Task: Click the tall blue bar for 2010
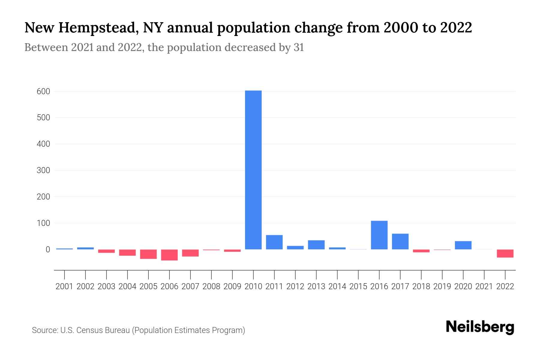click(x=253, y=170)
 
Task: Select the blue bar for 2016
click(x=379, y=235)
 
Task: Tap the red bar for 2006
click(x=169, y=255)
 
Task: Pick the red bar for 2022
click(x=505, y=253)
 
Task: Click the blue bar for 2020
click(x=463, y=245)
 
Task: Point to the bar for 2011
click(x=274, y=242)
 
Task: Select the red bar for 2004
click(x=127, y=252)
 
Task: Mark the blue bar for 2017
click(x=400, y=241)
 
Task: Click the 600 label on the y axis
click(x=43, y=91)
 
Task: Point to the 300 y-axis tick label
click(x=43, y=170)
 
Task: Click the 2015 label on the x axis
click(x=358, y=286)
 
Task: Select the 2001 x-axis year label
click(x=64, y=286)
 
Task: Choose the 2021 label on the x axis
click(x=484, y=286)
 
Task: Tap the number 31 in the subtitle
click(x=298, y=47)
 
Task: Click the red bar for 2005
click(x=148, y=254)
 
